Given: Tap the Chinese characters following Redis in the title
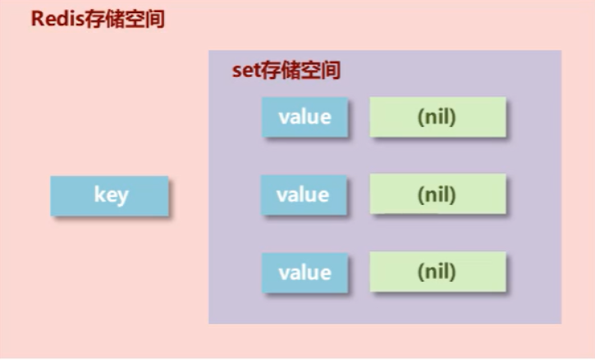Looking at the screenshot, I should pos(124,19).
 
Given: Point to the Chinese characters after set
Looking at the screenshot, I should pos(300,71).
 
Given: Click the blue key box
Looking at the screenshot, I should pos(109,196).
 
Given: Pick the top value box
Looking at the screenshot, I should pos(305,116).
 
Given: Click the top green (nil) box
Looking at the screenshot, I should pos(437,116).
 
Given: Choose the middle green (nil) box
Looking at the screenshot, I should pos(437,195).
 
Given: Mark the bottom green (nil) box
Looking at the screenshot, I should pos(437,272).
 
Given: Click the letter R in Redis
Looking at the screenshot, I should pos(38,19).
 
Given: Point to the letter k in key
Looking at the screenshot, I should pos(98,196).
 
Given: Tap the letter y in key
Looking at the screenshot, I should pos(121,198).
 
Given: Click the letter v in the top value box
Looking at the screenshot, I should pos(283,117).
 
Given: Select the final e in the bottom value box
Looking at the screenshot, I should pos(326,273).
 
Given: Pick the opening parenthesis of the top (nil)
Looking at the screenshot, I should pos(419,117).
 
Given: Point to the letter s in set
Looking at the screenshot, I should pos(237,71).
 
